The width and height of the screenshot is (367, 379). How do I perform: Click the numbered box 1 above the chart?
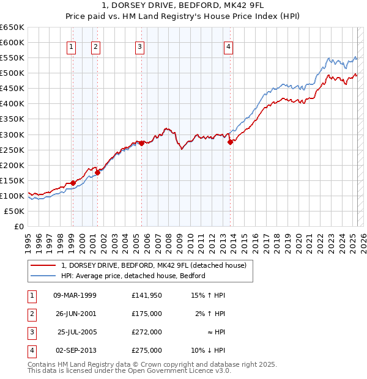tap(72, 46)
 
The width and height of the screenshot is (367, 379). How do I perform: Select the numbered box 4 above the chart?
tap(228, 46)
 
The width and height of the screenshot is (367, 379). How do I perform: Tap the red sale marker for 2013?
tap(230, 142)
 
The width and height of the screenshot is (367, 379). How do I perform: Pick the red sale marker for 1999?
tap(73, 183)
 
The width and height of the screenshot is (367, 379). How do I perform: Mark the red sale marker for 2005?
tap(141, 143)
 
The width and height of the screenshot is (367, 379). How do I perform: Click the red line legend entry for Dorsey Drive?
tap(154, 266)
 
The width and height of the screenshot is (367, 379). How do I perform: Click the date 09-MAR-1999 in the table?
tap(75, 296)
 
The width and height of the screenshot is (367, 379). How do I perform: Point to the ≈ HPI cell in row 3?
tap(213, 332)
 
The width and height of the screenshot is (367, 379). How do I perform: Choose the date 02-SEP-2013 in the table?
tap(76, 350)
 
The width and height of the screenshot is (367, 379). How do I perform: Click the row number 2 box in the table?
tap(31, 314)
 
